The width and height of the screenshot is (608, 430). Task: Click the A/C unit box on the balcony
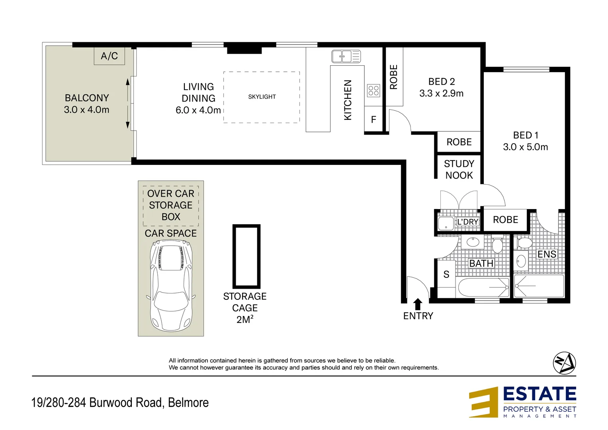click(x=109, y=56)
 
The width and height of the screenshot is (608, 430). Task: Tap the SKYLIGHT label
click(x=262, y=97)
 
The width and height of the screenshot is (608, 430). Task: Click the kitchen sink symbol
click(x=346, y=56)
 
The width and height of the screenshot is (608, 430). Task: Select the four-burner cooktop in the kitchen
click(x=373, y=91)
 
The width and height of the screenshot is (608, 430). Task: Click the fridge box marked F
click(x=373, y=119)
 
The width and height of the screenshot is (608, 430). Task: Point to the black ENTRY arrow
click(x=418, y=304)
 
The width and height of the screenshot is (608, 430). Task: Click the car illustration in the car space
click(x=171, y=287)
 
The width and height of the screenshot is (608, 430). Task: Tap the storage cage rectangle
click(x=246, y=256)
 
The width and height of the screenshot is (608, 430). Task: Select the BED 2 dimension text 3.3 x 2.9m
click(x=441, y=94)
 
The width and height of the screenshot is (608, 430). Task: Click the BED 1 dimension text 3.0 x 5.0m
click(x=525, y=147)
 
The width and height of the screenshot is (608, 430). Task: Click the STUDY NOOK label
click(x=459, y=170)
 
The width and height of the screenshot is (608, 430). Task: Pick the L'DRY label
click(x=467, y=222)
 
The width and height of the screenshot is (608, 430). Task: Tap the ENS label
click(x=547, y=254)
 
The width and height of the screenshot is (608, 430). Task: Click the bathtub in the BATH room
click(x=483, y=287)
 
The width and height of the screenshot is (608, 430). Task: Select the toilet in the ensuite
click(x=524, y=242)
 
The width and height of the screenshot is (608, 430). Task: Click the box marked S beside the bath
click(x=446, y=274)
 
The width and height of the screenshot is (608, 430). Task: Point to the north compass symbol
click(x=564, y=363)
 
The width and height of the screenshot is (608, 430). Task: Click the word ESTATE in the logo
click(x=540, y=394)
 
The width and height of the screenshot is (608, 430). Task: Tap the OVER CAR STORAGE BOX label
click(x=171, y=205)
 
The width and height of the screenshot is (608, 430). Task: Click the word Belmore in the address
click(x=188, y=403)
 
